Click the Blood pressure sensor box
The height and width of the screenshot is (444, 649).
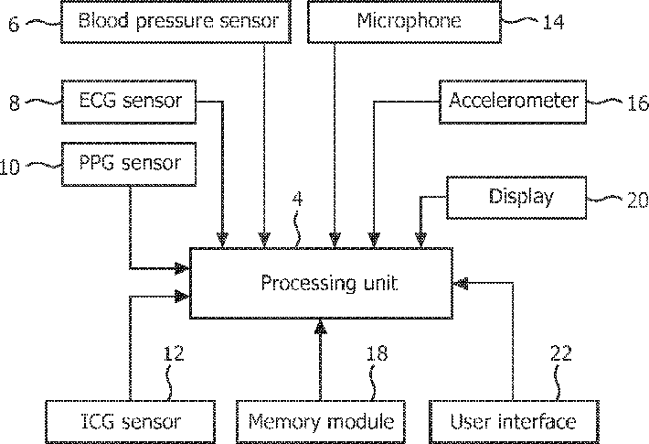click(x=176, y=21)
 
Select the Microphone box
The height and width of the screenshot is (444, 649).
click(x=404, y=21)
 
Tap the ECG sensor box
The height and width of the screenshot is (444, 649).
click(x=129, y=102)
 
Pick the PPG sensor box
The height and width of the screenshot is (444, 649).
click(x=129, y=164)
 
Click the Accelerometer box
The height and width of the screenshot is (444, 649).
click(x=513, y=102)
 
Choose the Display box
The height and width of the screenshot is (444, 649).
click(x=516, y=198)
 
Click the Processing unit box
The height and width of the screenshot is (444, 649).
click(x=321, y=283)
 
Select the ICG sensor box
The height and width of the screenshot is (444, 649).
click(x=130, y=422)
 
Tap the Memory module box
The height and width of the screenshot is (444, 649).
click(x=320, y=422)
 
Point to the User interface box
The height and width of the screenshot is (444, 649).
click(x=514, y=422)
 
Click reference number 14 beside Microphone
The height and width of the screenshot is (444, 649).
click(x=553, y=22)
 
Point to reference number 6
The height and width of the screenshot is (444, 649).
click(x=14, y=24)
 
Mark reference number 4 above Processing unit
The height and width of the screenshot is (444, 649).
click(x=297, y=199)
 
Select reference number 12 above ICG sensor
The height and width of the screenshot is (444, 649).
click(x=174, y=352)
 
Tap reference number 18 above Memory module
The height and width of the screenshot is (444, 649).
click(x=378, y=352)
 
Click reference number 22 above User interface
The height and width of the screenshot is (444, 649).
click(x=561, y=352)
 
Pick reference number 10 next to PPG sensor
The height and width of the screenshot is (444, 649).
click(x=9, y=167)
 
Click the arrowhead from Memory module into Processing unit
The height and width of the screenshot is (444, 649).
click(x=320, y=327)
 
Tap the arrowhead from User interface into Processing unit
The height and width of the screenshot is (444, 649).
click(x=461, y=284)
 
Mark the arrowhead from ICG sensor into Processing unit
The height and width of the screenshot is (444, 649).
click(x=182, y=297)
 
